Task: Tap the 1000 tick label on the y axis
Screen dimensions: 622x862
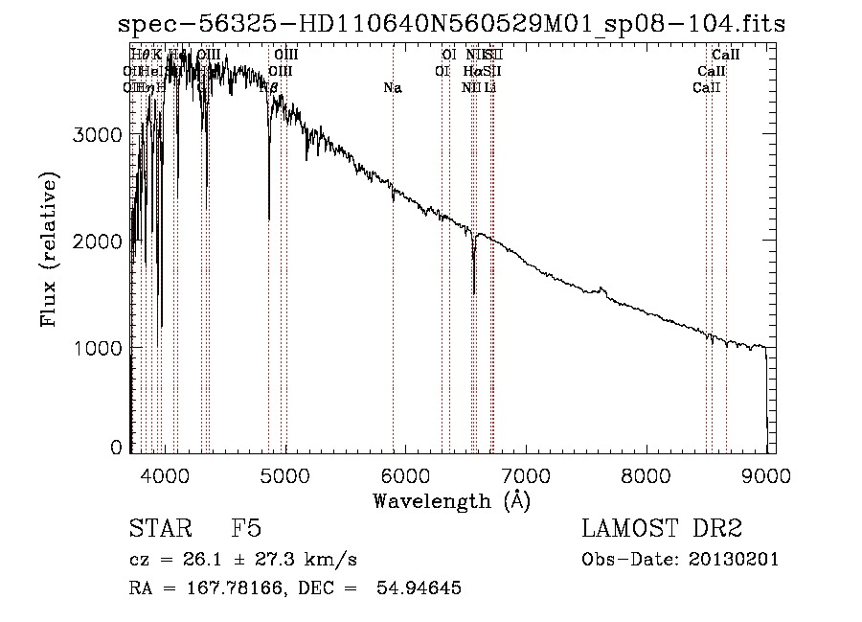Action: (98, 347)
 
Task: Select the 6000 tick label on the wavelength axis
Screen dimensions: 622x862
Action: (405, 474)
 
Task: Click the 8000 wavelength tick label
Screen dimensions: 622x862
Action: (646, 474)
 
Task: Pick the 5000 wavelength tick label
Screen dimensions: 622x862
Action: (284, 474)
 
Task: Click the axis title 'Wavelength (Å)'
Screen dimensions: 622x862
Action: (451, 500)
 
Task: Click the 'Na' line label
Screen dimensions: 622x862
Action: (392, 88)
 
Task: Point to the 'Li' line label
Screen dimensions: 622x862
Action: (489, 88)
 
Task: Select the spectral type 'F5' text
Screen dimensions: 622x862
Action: (246, 529)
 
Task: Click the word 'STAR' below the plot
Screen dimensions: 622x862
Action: (156, 529)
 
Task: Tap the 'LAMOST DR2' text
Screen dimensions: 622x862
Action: (661, 529)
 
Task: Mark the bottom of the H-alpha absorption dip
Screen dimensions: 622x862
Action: (474, 292)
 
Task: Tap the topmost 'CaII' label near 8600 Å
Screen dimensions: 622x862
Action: (726, 56)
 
